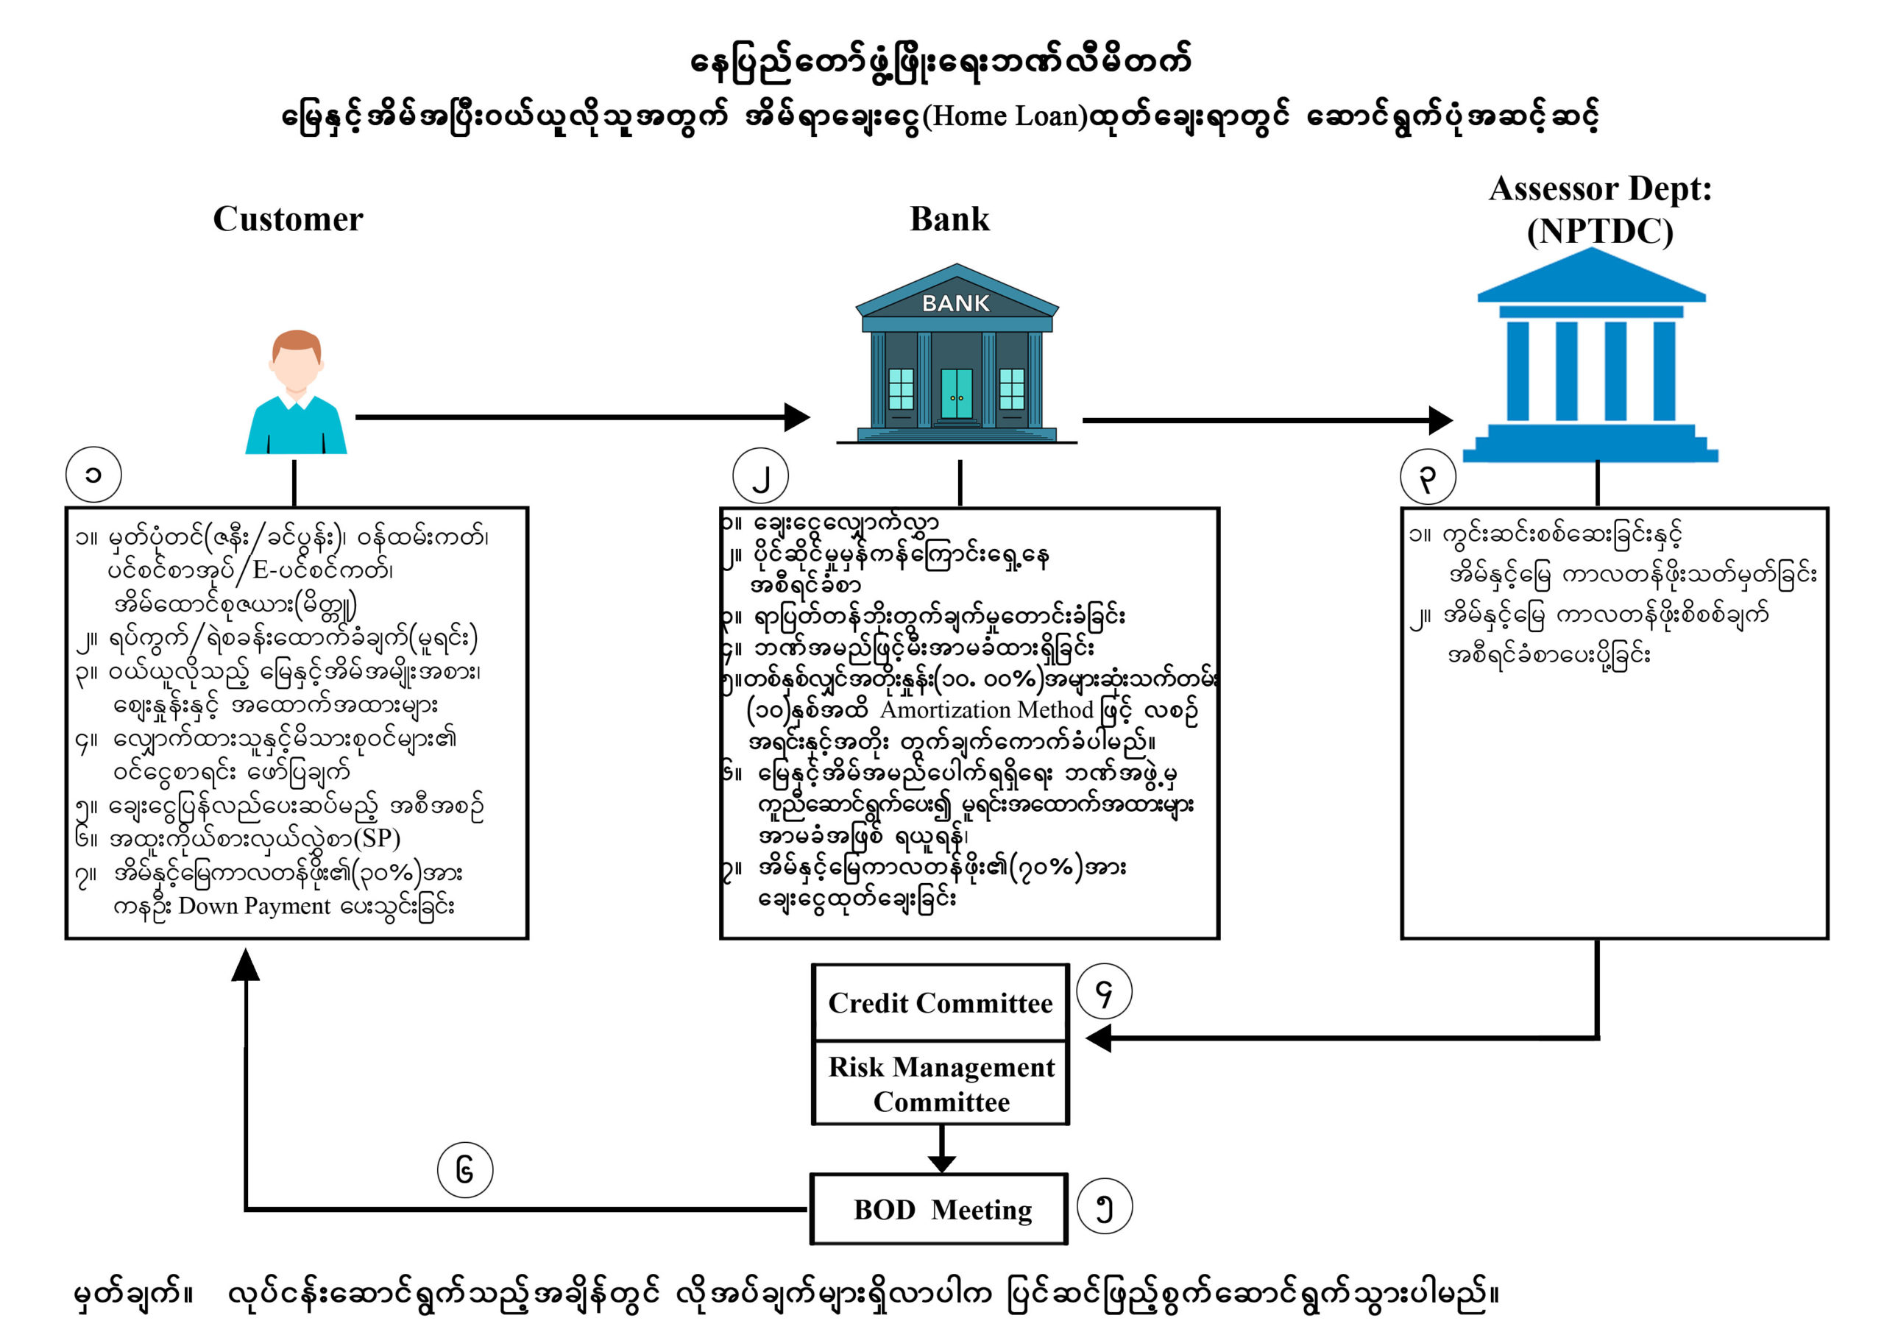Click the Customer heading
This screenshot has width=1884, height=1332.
[287, 219]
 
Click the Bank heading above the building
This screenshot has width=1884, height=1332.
[949, 219]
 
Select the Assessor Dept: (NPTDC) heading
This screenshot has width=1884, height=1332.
[1599, 210]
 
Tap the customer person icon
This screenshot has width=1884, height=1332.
[297, 392]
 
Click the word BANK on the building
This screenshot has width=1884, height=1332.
[955, 304]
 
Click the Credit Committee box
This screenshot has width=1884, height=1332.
[941, 1003]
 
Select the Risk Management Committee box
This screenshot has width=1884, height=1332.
[941, 1083]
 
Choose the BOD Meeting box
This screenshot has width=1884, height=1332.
[941, 1210]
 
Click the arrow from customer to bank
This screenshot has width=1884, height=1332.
[574, 417]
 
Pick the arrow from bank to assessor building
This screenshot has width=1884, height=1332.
[1264, 420]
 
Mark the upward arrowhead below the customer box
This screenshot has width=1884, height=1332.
[245, 966]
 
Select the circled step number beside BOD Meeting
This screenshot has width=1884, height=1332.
[1104, 1206]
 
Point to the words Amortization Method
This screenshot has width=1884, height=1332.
[987, 710]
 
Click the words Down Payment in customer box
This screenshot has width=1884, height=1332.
[255, 906]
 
